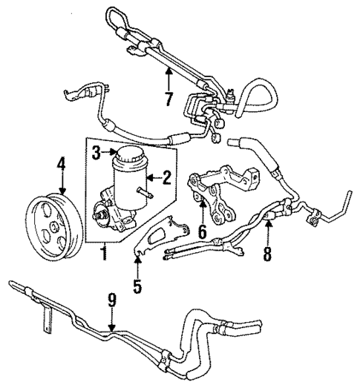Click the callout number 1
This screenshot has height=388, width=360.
[104, 254]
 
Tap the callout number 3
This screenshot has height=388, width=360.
[96, 154]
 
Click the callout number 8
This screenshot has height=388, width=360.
[268, 254]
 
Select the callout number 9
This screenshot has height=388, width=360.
[112, 302]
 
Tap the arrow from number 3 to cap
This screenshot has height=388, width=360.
[108, 154]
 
